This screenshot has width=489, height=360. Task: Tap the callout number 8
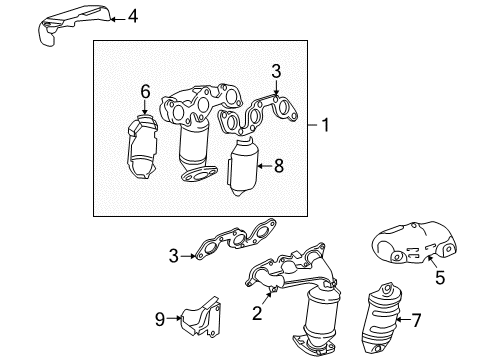click(279, 167)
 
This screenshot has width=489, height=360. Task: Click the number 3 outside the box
click(172, 257)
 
